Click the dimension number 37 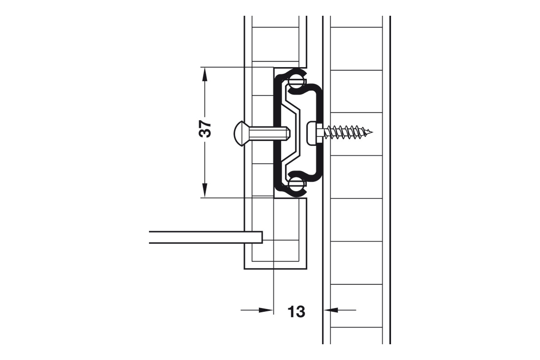point(205,129)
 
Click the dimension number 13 point(296,312)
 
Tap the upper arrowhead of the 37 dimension point(205,75)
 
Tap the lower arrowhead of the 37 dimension point(205,190)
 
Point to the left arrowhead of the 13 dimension point(266,310)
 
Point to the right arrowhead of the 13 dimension point(330,310)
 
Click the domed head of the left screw point(238,133)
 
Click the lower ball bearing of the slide point(296,184)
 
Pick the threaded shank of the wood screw point(347,132)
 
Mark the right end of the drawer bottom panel point(262,238)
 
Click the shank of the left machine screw point(269,133)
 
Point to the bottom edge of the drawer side point(275,269)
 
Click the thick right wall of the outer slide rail point(319,133)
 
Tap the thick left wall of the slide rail point(277,133)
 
